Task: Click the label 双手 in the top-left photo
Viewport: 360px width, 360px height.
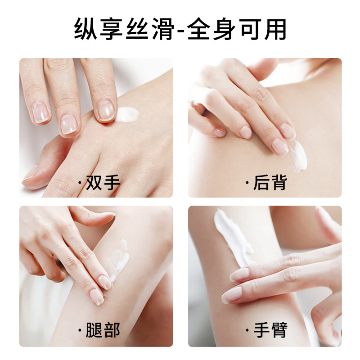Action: (x=103, y=183)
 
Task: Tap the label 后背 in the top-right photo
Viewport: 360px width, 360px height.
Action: (x=270, y=183)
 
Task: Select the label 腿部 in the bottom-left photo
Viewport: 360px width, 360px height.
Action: (x=103, y=330)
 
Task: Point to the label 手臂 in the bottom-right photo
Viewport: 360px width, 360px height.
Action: (x=270, y=330)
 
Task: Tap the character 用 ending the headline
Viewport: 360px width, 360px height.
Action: (x=275, y=29)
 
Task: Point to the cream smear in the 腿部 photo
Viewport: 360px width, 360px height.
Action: (x=120, y=261)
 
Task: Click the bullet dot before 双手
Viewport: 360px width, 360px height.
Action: (x=80, y=183)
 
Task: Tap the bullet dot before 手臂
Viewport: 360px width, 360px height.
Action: (x=247, y=331)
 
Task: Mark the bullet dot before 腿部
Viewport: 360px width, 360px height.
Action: (x=80, y=331)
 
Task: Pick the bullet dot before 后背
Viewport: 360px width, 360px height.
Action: (x=247, y=183)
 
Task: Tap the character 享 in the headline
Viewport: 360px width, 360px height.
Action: (x=112, y=29)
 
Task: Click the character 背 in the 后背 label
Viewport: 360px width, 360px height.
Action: (x=279, y=183)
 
